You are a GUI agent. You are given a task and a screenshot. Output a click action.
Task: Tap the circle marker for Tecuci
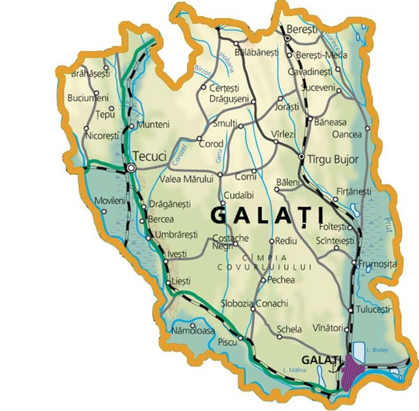[131, 168]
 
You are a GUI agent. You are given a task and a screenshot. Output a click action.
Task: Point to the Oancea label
[347, 134]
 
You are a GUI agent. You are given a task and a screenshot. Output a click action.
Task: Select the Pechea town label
[281, 280]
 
